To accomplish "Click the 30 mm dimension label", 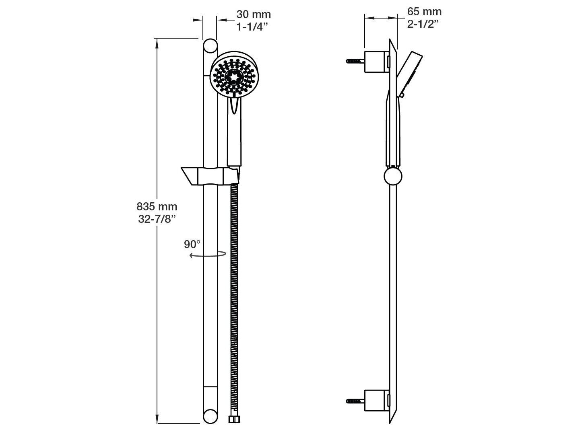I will point(254,14).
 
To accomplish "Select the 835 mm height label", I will point(157,207).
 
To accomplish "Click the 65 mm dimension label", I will point(424,11).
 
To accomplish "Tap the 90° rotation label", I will point(192,244).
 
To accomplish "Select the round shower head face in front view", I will point(234,76).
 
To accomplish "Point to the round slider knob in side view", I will point(393,176).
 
